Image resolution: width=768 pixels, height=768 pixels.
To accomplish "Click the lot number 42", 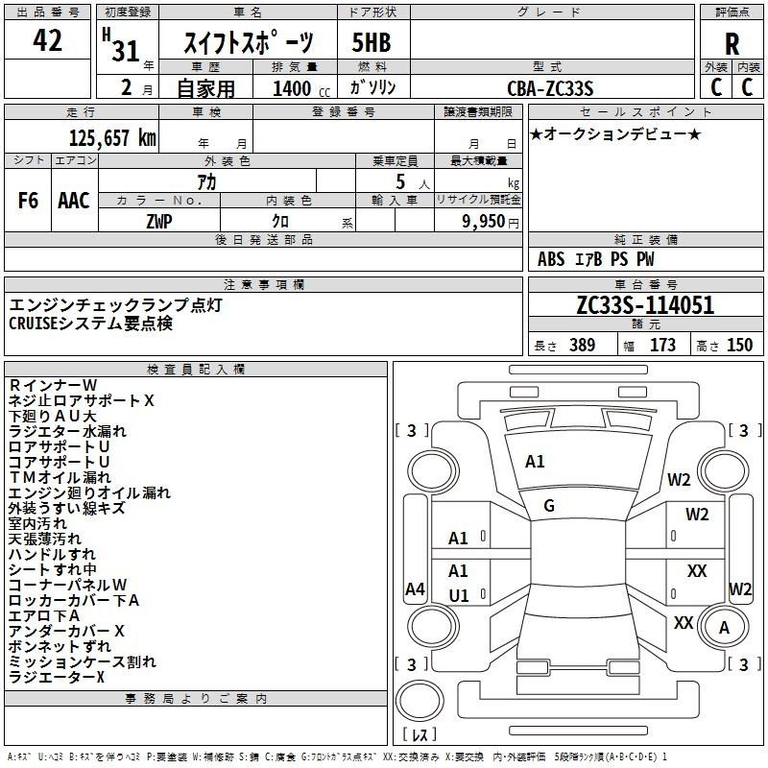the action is [x=47, y=40].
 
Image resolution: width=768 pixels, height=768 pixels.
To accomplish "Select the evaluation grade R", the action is [x=732, y=44].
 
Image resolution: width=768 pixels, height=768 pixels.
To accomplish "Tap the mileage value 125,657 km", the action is [x=112, y=138].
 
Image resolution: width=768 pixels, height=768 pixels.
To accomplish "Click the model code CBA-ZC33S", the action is [x=550, y=88].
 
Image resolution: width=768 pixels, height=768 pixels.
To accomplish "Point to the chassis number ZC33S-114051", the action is [x=645, y=305].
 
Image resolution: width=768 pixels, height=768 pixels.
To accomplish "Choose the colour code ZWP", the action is [x=159, y=222].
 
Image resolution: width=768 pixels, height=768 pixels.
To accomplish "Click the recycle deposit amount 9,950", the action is [x=484, y=222].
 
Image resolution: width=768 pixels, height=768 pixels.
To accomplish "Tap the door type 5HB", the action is [x=372, y=42].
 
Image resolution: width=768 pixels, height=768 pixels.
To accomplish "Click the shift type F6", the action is [x=28, y=201].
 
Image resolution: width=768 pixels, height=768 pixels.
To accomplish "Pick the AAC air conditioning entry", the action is [x=74, y=201].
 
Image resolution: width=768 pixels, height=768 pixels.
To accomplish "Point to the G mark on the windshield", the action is [x=549, y=506].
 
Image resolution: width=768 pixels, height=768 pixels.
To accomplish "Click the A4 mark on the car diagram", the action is [x=415, y=589].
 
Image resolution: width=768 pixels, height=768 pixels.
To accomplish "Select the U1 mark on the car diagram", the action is [x=459, y=596].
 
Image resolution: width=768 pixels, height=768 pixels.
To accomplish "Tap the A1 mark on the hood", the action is [x=535, y=462].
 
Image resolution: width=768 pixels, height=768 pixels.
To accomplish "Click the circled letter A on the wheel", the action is [x=724, y=628].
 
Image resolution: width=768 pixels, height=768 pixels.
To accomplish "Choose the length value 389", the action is [x=583, y=346].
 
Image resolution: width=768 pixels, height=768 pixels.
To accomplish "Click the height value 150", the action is [x=739, y=346].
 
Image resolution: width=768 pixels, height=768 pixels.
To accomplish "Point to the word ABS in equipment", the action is [x=551, y=259].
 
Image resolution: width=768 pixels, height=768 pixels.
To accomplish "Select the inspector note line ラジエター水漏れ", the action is [x=67, y=431].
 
